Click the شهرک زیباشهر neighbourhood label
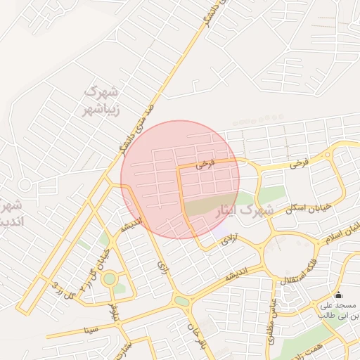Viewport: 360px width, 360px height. click(x=103, y=100)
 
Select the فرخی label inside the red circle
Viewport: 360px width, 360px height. click(x=203, y=165)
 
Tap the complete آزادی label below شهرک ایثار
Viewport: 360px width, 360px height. click(x=231, y=239)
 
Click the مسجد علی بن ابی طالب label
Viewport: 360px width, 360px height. click(x=339, y=310)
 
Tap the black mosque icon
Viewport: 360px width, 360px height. click(x=339, y=295)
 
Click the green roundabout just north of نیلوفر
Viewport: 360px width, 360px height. click(x=110, y=278)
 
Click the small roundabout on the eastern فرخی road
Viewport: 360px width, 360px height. click(x=328, y=155)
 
